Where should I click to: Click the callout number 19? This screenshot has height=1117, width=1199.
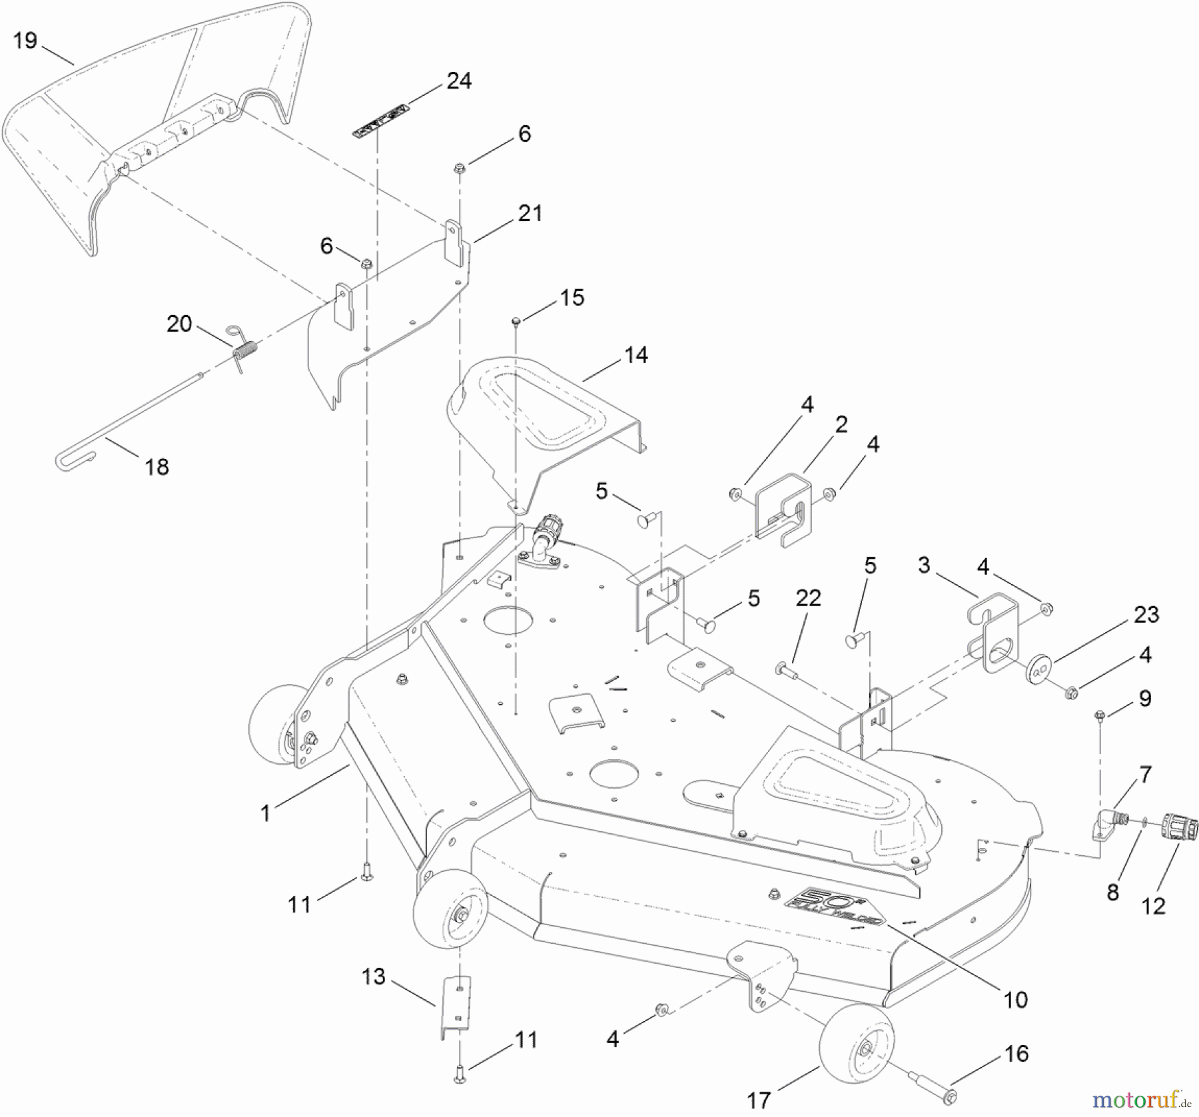point(25,41)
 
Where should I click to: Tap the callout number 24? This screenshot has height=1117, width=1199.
point(459,81)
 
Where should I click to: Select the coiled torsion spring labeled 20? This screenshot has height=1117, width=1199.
point(246,349)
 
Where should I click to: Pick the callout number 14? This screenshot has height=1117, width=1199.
point(635,355)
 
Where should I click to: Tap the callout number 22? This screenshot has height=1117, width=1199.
point(808,598)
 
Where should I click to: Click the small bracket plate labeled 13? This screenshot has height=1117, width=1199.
point(456,1006)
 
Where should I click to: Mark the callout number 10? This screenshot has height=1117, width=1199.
point(1015,999)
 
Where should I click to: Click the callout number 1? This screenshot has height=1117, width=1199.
point(265,813)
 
